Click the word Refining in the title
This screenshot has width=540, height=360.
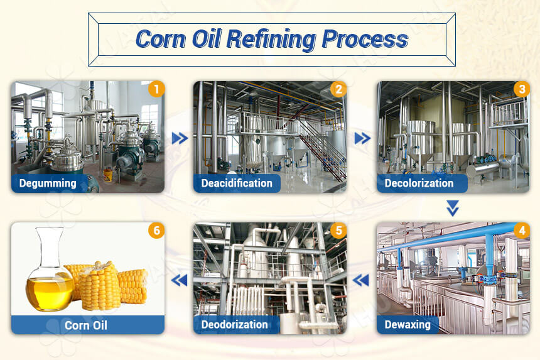(x=271, y=39)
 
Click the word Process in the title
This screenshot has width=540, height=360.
(x=364, y=39)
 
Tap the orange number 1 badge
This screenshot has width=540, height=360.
(x=156, y=89)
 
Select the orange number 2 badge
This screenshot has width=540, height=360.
(x=338, y=89)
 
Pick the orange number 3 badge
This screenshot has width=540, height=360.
(x=521, y=89)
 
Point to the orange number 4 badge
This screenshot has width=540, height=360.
(x=521, y=231)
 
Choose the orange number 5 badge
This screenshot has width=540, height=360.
(x=338, y=231)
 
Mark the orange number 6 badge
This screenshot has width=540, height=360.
(x=156, y=231)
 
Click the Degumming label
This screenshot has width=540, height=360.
(x=48, y=183)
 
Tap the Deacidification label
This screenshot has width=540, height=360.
(x=237, y=183)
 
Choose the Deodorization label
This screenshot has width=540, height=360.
(x=235, y=325)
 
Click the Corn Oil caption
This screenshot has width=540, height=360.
(x=86, y=325)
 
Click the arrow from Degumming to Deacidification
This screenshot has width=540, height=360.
(x=180, y=138)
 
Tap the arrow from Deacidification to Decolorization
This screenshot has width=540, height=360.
(x=362, y=138)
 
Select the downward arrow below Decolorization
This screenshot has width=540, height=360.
(x=453, y=208)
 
